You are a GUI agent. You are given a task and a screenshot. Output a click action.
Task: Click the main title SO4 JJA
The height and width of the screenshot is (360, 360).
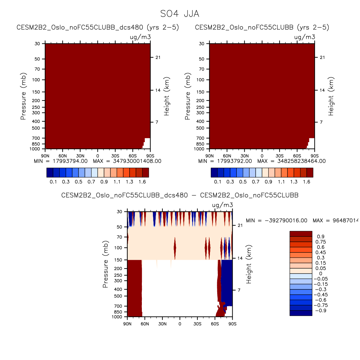coord(180,14)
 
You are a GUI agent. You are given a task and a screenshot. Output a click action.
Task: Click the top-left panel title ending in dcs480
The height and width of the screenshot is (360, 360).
coord(98,27)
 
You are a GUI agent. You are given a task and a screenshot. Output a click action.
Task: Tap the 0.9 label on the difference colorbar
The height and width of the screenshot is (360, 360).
coord(321,237)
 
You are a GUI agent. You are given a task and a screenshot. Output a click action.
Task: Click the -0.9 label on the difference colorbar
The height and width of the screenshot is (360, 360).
coord(321,311)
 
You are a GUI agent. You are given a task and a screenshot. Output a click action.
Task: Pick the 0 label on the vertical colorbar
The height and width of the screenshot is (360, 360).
coord(321,274)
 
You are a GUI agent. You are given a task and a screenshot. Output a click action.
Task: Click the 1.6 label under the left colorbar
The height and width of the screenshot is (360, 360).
coord(142,182)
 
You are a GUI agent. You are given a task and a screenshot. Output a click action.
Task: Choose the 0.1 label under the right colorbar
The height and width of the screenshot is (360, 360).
coord(218,182)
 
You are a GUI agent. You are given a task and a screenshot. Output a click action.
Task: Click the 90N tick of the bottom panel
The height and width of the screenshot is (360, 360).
coord(127,324)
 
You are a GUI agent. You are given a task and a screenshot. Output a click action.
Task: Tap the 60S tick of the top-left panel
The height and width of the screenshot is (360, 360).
coord(133,156)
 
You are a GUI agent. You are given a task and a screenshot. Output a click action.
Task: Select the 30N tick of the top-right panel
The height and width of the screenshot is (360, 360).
coord(245,156)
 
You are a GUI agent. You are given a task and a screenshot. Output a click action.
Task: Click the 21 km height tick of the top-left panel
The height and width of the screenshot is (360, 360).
coord(158,57)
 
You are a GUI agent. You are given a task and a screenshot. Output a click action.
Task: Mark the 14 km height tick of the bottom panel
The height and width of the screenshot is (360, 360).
coord(240,258)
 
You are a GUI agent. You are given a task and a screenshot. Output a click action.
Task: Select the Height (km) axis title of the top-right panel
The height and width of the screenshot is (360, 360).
coord(331,96)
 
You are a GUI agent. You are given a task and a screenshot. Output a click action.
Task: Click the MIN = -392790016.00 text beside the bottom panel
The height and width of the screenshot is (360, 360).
coord(276,221)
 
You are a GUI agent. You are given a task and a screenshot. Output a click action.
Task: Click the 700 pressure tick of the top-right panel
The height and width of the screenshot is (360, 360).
coord(201,138)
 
